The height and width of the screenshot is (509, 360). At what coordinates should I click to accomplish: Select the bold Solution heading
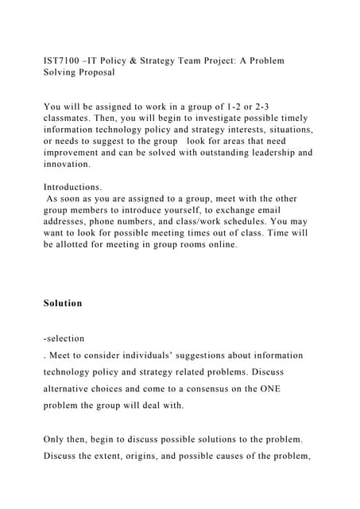63,303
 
